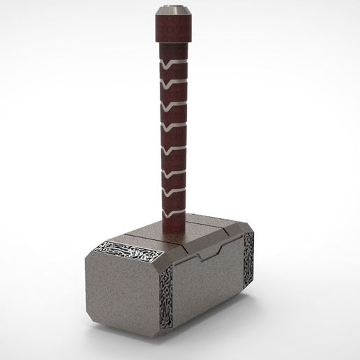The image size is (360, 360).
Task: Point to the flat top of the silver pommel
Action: [170, 8]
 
